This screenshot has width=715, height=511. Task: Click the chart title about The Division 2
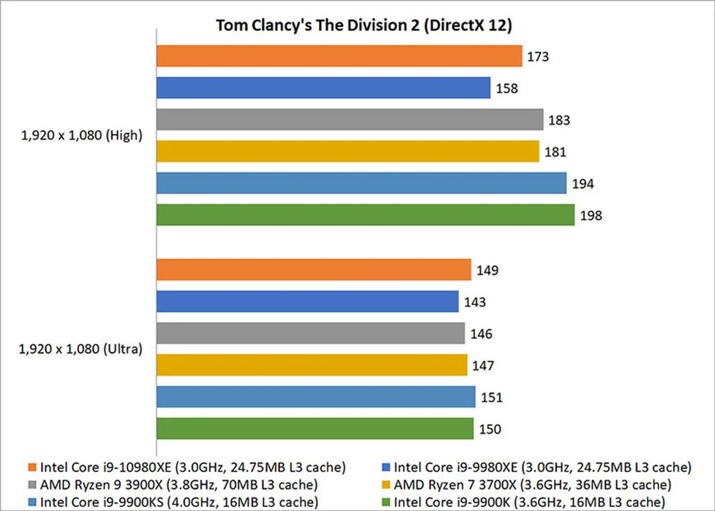tap(364, 25)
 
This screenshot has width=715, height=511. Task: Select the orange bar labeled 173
tap(339, 56)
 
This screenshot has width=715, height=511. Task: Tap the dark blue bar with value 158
tap(323, 88)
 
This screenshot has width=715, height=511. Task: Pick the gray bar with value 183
tap(350, 119)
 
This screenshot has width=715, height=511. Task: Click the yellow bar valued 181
tap(347, 151)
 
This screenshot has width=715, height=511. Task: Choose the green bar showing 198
tap(365, 215)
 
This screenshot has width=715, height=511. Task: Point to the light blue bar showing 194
tap(361, 183)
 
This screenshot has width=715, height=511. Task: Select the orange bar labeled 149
tap(314, 270)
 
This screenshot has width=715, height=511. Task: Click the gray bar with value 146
tap(311, 333)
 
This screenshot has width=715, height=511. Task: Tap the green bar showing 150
tap(315, 429)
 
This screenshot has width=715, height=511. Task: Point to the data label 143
tap(475, 302)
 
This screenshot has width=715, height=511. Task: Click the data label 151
tap(492, 397)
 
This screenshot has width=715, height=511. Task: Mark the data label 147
tap(483, 365)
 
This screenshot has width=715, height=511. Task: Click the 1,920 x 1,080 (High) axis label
tap(82, 135)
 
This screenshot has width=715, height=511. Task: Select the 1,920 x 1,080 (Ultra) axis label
tap(80, 349)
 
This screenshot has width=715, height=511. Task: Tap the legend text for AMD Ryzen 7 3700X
tap(533, 485)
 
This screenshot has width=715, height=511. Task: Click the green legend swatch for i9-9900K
tap(386, 502)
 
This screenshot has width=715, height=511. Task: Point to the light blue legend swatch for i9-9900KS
tap(32, 502)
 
